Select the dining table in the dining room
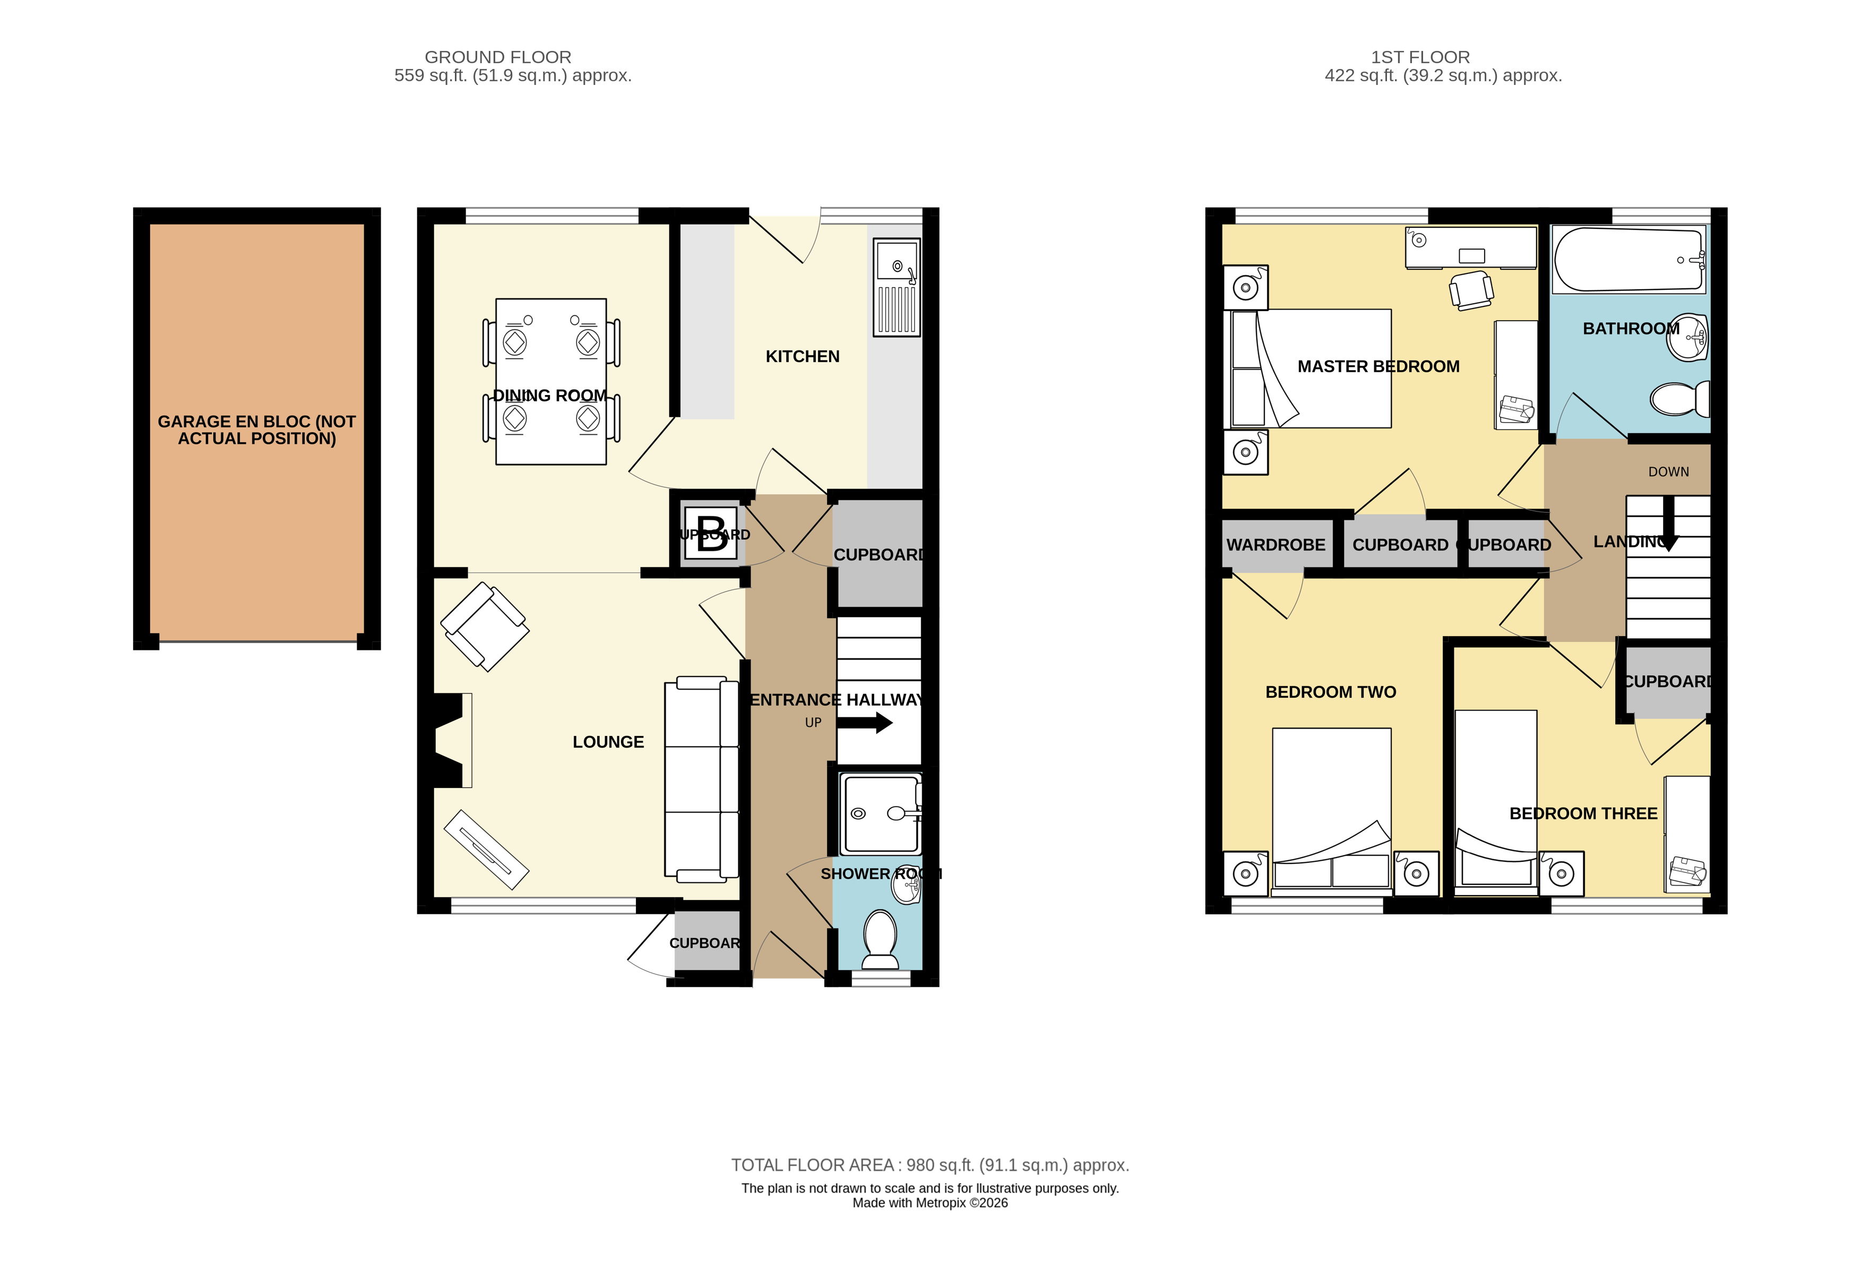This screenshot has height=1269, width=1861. click(551, 381)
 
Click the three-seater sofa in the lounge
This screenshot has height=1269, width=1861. click(702, 778)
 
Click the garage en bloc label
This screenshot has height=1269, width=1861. click(256, 430)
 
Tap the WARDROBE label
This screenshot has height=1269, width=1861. click(1276, 545)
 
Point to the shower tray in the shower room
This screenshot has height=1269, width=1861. click(879, 813)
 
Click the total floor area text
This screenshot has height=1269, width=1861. click(929, 1165)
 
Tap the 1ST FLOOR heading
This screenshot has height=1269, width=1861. click(1420, 57)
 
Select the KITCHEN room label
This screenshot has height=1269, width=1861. click(803, 356)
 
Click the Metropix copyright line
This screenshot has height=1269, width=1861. click(929, 1203)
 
